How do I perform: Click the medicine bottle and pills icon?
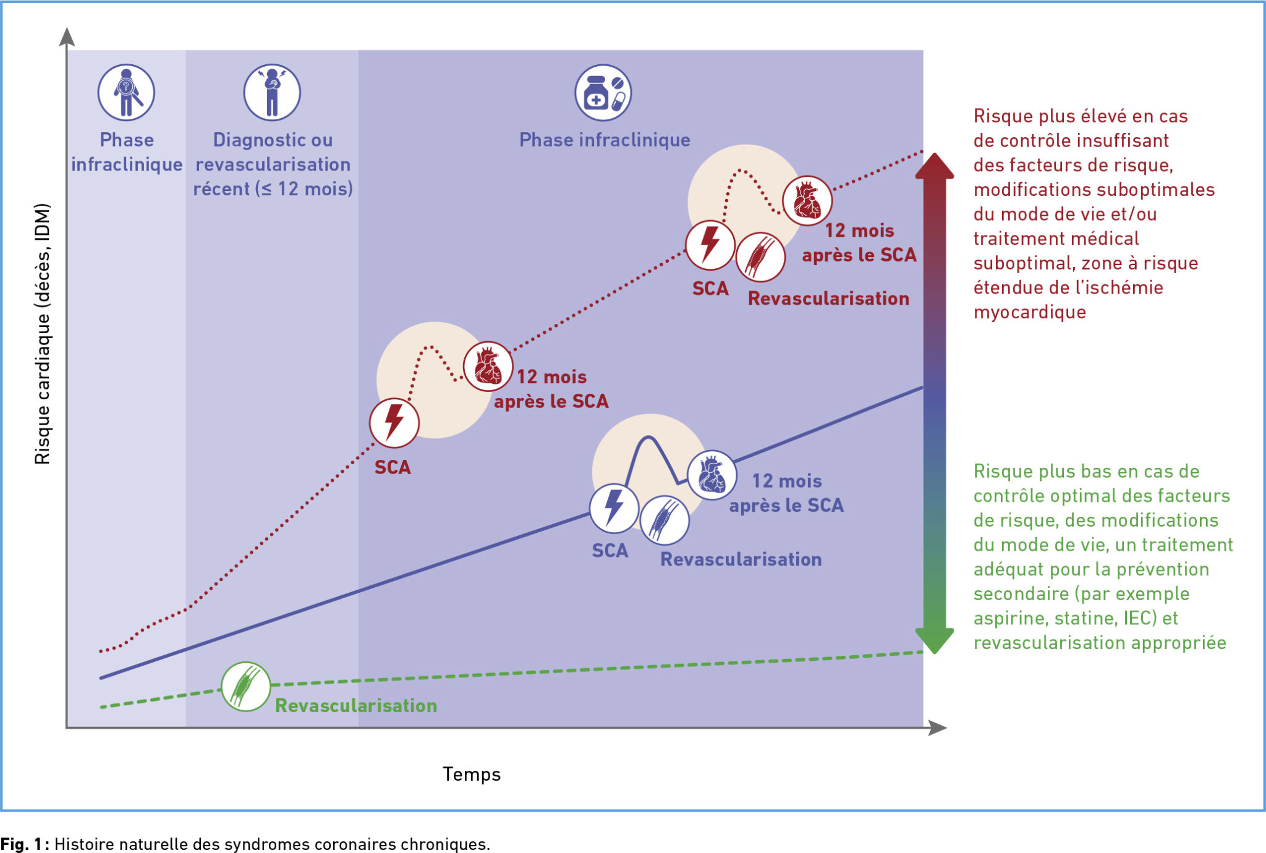tap(603, 93)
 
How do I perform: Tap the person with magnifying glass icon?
tap(126, 93)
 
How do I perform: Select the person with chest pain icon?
tap(272, 93)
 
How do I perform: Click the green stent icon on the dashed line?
tap(246, 687)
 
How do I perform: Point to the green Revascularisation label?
tap(356, 706)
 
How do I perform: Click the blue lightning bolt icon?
tap(614, 508)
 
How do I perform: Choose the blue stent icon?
tap(665, 520)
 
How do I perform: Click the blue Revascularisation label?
tap(741, 559)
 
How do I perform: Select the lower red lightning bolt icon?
tap(394, 423)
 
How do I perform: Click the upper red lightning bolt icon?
tap(710, 245)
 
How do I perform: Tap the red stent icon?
tap(760, 257)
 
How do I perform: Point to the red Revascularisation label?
tap(828, 299)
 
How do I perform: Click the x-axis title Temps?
tap(472, 774)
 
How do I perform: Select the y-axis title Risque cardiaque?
tap(43, 334)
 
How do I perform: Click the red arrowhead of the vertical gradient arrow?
tap(935, 166)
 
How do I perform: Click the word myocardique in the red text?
tap(1030, 313)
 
